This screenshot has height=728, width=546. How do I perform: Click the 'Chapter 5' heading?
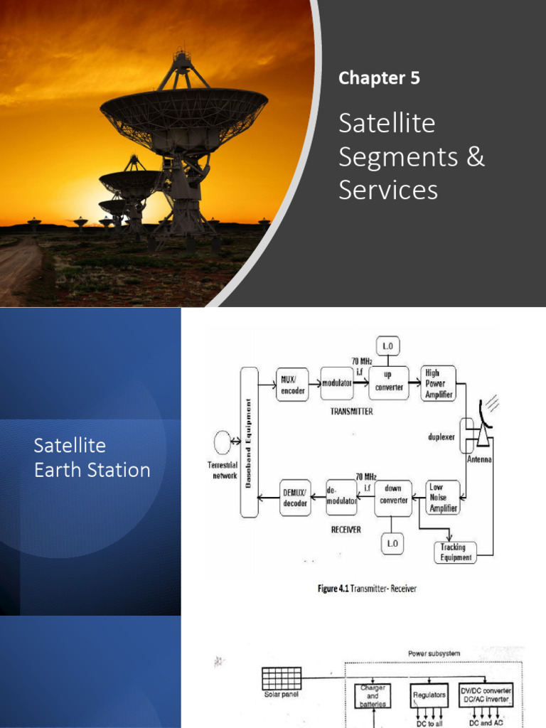coord(379,78)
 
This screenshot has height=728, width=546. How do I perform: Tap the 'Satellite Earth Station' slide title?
coord(92,458)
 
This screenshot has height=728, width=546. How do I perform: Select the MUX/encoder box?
coord(291,384)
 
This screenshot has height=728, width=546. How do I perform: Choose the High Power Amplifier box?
coord(438,383)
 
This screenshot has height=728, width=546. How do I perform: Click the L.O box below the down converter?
coord(392,545)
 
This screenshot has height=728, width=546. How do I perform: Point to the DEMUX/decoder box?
coord(295,498)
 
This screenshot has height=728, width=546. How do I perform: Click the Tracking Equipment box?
coord(455,552)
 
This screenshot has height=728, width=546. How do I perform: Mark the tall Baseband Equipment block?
coord(250,441)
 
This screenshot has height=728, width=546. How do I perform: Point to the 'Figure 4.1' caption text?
coord(366,589)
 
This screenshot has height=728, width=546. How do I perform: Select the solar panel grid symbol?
coord(281,679)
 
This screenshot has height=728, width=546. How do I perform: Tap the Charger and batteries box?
coord(373,695)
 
